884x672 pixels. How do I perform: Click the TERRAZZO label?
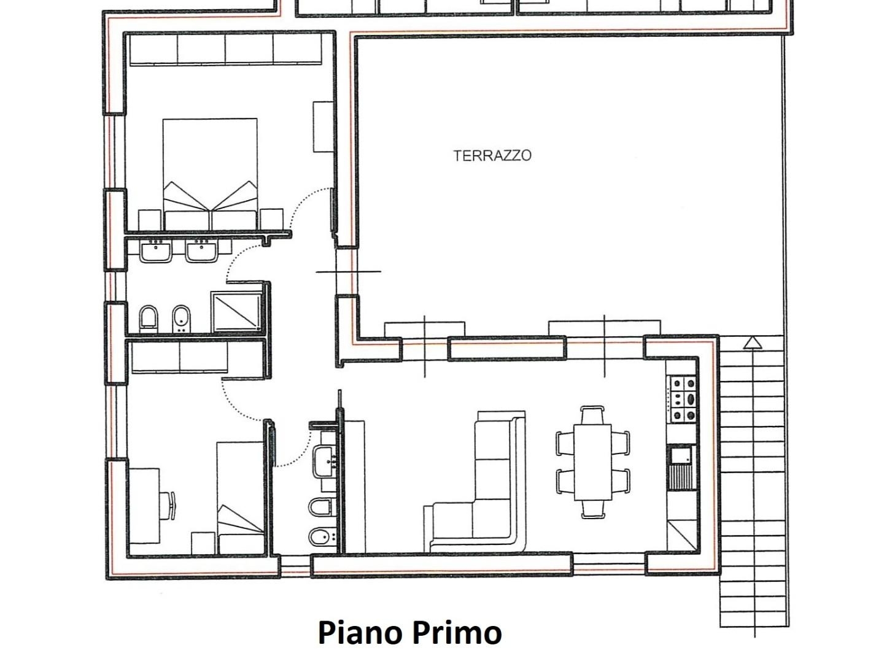click(492, 156)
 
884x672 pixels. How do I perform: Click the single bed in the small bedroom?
click(241, 498)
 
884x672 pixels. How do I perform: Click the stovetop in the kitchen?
click(683, 399)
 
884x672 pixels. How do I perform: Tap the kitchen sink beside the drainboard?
click(681, 455)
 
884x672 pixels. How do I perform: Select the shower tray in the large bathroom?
click(236, 312)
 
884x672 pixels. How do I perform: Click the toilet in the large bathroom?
click(148, 319)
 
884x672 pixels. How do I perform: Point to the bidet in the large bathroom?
click(180, 319)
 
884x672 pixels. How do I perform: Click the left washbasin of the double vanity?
click(156, 251)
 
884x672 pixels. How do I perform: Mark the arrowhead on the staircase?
click(752, 343)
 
